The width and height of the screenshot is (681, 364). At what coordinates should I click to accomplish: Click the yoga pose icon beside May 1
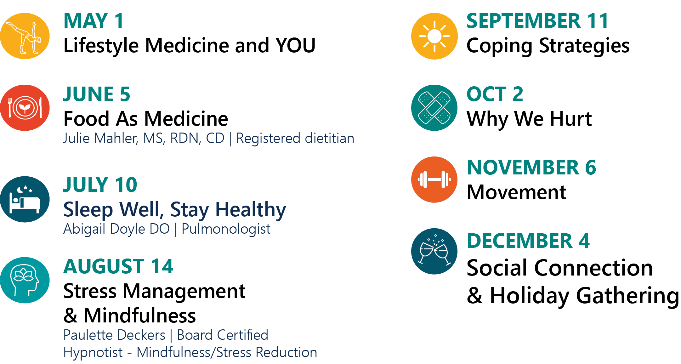pos(25,36)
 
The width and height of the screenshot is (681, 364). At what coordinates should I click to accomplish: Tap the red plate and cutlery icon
pos(25,108)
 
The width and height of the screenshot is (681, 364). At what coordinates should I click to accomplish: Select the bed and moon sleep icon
pos(25,199)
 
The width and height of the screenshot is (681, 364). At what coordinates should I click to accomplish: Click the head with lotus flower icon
pos(25,280)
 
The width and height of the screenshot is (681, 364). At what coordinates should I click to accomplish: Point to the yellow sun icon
pos(434,36)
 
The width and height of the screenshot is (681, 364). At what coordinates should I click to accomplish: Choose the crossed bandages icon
pos(434,108)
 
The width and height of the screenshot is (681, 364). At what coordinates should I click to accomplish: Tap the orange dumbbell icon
pos(434,179)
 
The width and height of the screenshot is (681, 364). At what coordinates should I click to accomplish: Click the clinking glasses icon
pos(434,251)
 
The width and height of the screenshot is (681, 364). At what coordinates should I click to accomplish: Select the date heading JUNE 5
pos(97,94)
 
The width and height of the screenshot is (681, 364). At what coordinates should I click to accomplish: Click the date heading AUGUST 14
pos(118,266)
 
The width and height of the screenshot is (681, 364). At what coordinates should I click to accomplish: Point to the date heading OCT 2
pos(495,94)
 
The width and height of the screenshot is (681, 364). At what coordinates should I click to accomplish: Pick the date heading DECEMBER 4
pos(528,241)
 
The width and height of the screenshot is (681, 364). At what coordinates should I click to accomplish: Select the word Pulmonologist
pos(226,229)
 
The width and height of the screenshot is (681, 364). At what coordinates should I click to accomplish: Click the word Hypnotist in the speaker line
pos(93,352)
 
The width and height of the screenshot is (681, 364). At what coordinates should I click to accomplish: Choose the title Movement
pos(517,192)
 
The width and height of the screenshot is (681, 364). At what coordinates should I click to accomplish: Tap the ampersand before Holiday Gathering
pos(475,295)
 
